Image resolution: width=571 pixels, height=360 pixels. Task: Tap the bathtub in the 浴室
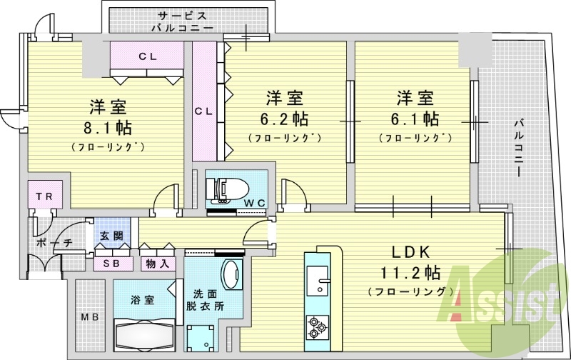142,333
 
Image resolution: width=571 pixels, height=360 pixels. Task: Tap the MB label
89,317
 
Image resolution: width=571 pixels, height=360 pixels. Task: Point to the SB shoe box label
112,263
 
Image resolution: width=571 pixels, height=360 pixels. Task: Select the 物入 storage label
158,263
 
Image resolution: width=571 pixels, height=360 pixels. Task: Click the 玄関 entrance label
111,236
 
